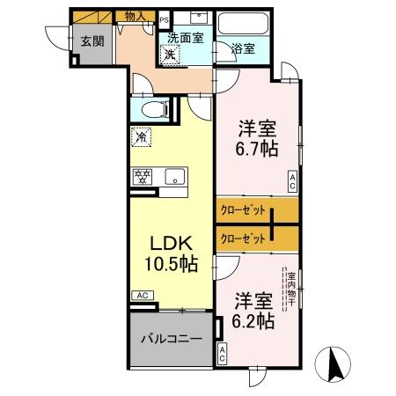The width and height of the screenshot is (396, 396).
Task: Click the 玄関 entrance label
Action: [x=91, y=41]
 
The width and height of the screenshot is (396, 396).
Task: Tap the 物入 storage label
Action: [x=135, y=16]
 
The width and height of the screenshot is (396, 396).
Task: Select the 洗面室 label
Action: [x=187, y=38]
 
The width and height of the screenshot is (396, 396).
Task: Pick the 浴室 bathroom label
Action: [x=244, y=49]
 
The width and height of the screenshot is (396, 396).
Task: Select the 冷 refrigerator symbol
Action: [x=141, y=138]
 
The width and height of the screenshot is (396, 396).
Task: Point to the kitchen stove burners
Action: [x=142, y=175]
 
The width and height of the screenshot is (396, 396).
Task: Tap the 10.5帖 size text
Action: [x=171, y=263]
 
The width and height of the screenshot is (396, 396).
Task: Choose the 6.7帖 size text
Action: [x=256, y=148]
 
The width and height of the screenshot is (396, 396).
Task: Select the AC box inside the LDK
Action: [x=141, y=296]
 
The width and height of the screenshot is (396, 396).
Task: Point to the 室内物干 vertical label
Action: [x=290, y=289]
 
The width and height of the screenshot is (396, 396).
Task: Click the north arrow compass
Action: [x=335, y=363]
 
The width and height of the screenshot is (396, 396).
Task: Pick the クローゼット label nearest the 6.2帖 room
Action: [x=239, y=238]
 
